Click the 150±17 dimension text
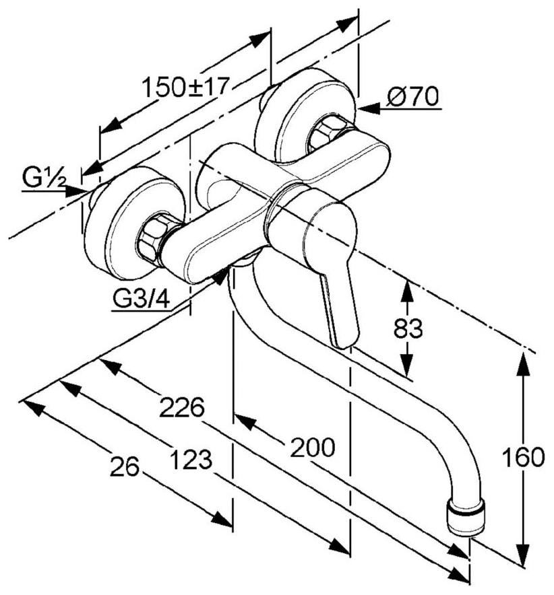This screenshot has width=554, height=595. (186, 87)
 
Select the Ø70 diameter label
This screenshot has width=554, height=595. (412, 98)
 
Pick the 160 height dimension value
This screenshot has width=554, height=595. (522, 457)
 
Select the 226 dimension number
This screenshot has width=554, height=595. (181, 408)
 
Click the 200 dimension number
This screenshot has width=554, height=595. (312, 448)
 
